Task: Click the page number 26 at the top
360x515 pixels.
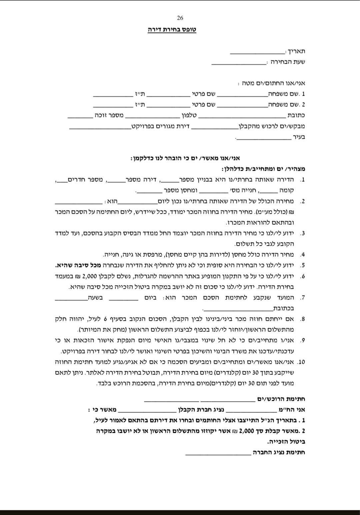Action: [180, 18]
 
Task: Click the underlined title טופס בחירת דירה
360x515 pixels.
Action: [172, 29]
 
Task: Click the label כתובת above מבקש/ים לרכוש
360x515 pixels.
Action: [296, 115]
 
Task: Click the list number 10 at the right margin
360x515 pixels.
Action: [301, 362]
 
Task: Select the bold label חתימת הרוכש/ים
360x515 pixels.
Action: [281, 399]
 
